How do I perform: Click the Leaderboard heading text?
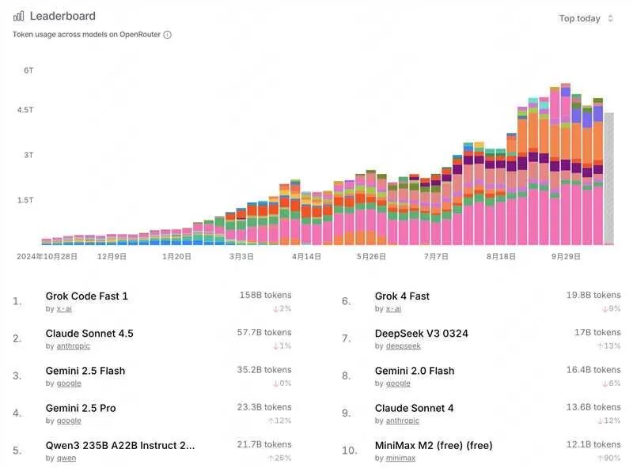point(63,16)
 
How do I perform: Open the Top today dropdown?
point(586,19)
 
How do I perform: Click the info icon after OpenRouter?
point(168,35)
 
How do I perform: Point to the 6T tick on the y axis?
point(28,70)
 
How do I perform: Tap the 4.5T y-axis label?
point(26,111)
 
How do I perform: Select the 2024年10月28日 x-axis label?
point(47,257)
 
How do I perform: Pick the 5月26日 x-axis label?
point(371,257)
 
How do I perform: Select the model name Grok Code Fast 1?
point(87,296)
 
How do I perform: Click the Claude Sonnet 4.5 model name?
point(89,334)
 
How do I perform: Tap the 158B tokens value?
point(265,295)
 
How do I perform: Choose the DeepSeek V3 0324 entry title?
point(421,334)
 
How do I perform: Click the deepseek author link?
point(404,346)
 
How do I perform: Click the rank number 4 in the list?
point(17,413)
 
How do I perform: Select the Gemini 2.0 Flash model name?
point(414,371)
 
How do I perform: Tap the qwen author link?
point(66,458)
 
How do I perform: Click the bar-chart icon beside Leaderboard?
point(18,16)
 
